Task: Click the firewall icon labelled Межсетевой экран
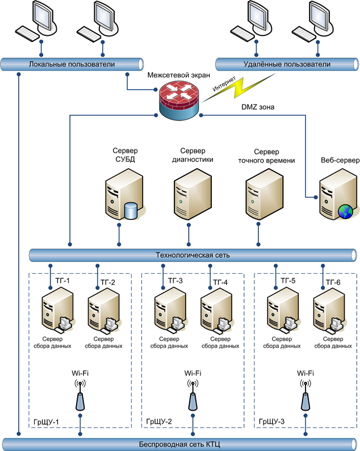[x=178, y=101]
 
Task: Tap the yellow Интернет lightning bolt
[x=239, y=87]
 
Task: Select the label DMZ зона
[x=258, y=107]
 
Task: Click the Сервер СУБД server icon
[x=124, y=194]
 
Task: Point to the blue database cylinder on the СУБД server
[x=131, y=211]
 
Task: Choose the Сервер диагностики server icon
[x=192, y=194]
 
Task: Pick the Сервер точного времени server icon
[x=265, y=194]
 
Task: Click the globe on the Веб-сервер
[x=346, y=211]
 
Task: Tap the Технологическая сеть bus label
[x=192, y=255]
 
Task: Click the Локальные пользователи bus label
[x=72, y=64]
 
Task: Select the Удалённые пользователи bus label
[x=287, y=64]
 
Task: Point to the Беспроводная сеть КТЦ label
[x=179, y=444]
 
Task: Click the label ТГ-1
[x=62, y=281]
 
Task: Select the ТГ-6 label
[x=333, y=282]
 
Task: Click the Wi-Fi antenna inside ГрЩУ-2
[x=192, y=395]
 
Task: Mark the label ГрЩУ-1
[x=46, y=422]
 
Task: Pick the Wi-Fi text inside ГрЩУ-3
[x=305, y=373]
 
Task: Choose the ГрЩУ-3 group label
[x=271, y=421]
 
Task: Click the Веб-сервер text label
[x=340, y=160]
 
